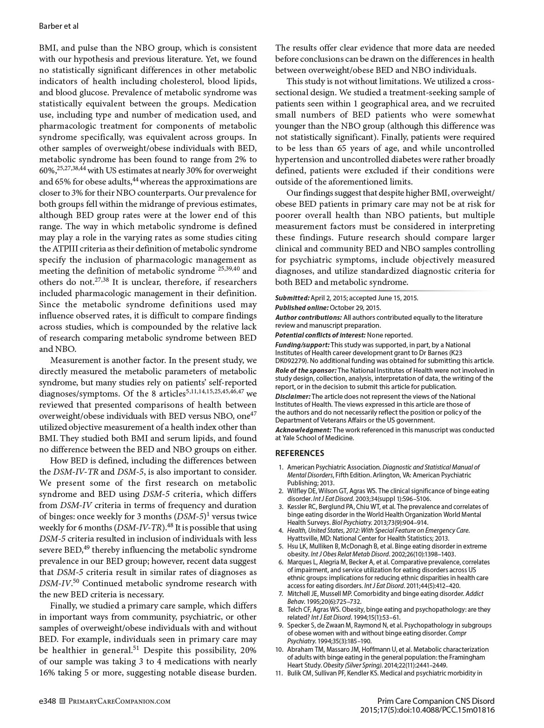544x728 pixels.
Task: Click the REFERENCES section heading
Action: [x=299, y=453]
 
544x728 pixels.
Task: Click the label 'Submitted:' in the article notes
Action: [x=292, y=298]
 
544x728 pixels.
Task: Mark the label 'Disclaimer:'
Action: [x=292, y=397]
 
